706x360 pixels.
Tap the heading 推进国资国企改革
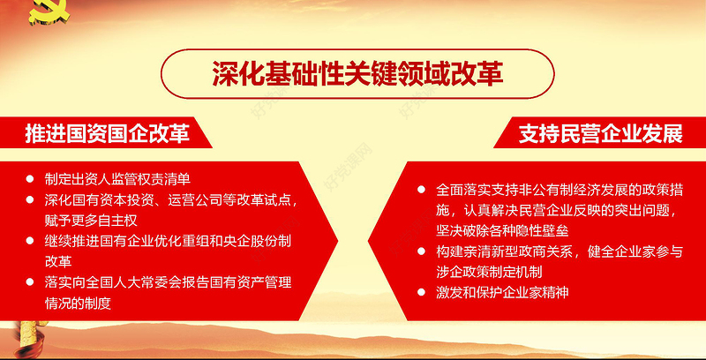[107, 133]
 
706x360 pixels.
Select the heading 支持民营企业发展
[600, 134]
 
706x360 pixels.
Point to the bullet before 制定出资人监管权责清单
[32, 178]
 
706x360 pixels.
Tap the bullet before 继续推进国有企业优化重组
[32, 241]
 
